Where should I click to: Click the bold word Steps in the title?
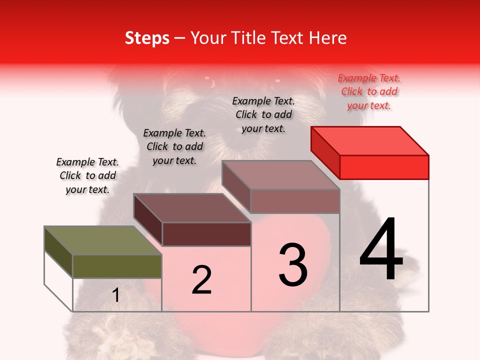[x=147, y=38]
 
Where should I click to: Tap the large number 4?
[x=381, y=249]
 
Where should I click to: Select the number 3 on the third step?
[x=293, y=265]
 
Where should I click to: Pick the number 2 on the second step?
[x=202, y=280]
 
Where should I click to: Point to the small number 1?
[x=115, y=295]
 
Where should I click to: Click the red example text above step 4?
[x=369, y=91]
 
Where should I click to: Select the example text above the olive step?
[x=87, y=175]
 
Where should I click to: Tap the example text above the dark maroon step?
[x=174, y=146]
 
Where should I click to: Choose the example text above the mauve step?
[x=263, y=114]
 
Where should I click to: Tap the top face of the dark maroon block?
[x=192, y=208]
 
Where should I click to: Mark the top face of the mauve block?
[x=281, y=175]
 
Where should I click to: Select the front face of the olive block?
[x=117, y=266]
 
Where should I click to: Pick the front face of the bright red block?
[x=384, y=167]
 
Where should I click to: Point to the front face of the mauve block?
[x=295, y=201]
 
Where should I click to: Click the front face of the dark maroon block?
[x=206, y=234]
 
